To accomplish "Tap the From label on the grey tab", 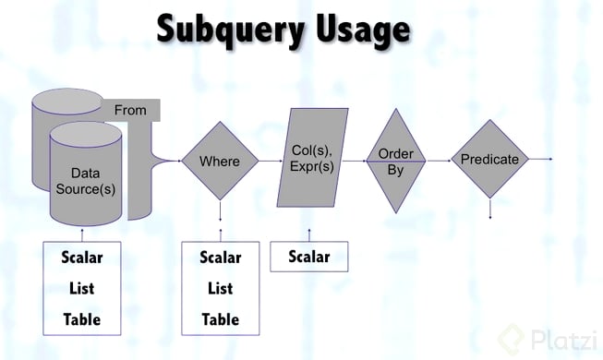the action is (x=130, y=111).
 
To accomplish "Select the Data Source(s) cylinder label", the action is (x=85, y=181).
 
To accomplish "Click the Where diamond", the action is (x=220, y=161).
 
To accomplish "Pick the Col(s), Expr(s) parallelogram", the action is (x=312, y=158).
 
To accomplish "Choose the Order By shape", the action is (x=396, y=161).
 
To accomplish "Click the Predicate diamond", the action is (x=489, y=159).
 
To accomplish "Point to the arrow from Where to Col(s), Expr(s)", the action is (x=271, y=161).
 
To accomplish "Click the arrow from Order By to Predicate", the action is (x=439, y=161).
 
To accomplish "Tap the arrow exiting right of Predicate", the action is (x=540, y=159).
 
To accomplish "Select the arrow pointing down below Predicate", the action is (x=490, y=208).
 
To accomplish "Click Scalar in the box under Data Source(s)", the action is (x=82, y=258).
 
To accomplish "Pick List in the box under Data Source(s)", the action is (x=82, y=288).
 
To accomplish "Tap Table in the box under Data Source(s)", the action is (x=82, y=319).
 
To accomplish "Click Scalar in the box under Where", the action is (x=221, y=258).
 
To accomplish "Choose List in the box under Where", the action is (x=221, y=288).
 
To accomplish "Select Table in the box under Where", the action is (x=221, y=319).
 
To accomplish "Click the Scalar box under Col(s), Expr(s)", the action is (x=309, y=257).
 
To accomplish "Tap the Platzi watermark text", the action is (x=564, y=340).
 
